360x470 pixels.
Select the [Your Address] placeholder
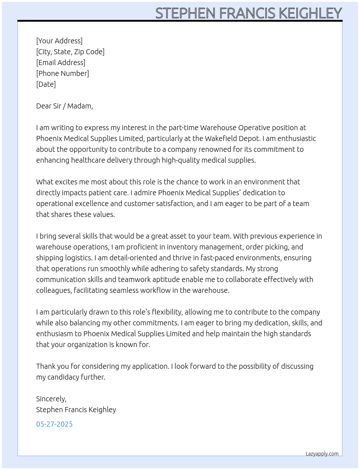click(59, 41)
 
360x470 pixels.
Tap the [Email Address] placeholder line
click(61, 63)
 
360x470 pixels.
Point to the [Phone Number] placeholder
click(63, 73)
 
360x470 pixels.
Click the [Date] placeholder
click(46, 84)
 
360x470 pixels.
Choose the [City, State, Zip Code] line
click(70, 52)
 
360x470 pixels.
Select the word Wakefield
click(220, 138)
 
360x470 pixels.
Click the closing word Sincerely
click(51, 399)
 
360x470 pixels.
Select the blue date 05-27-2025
click(55, 424)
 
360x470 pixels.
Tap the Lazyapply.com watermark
click(322, 454)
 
